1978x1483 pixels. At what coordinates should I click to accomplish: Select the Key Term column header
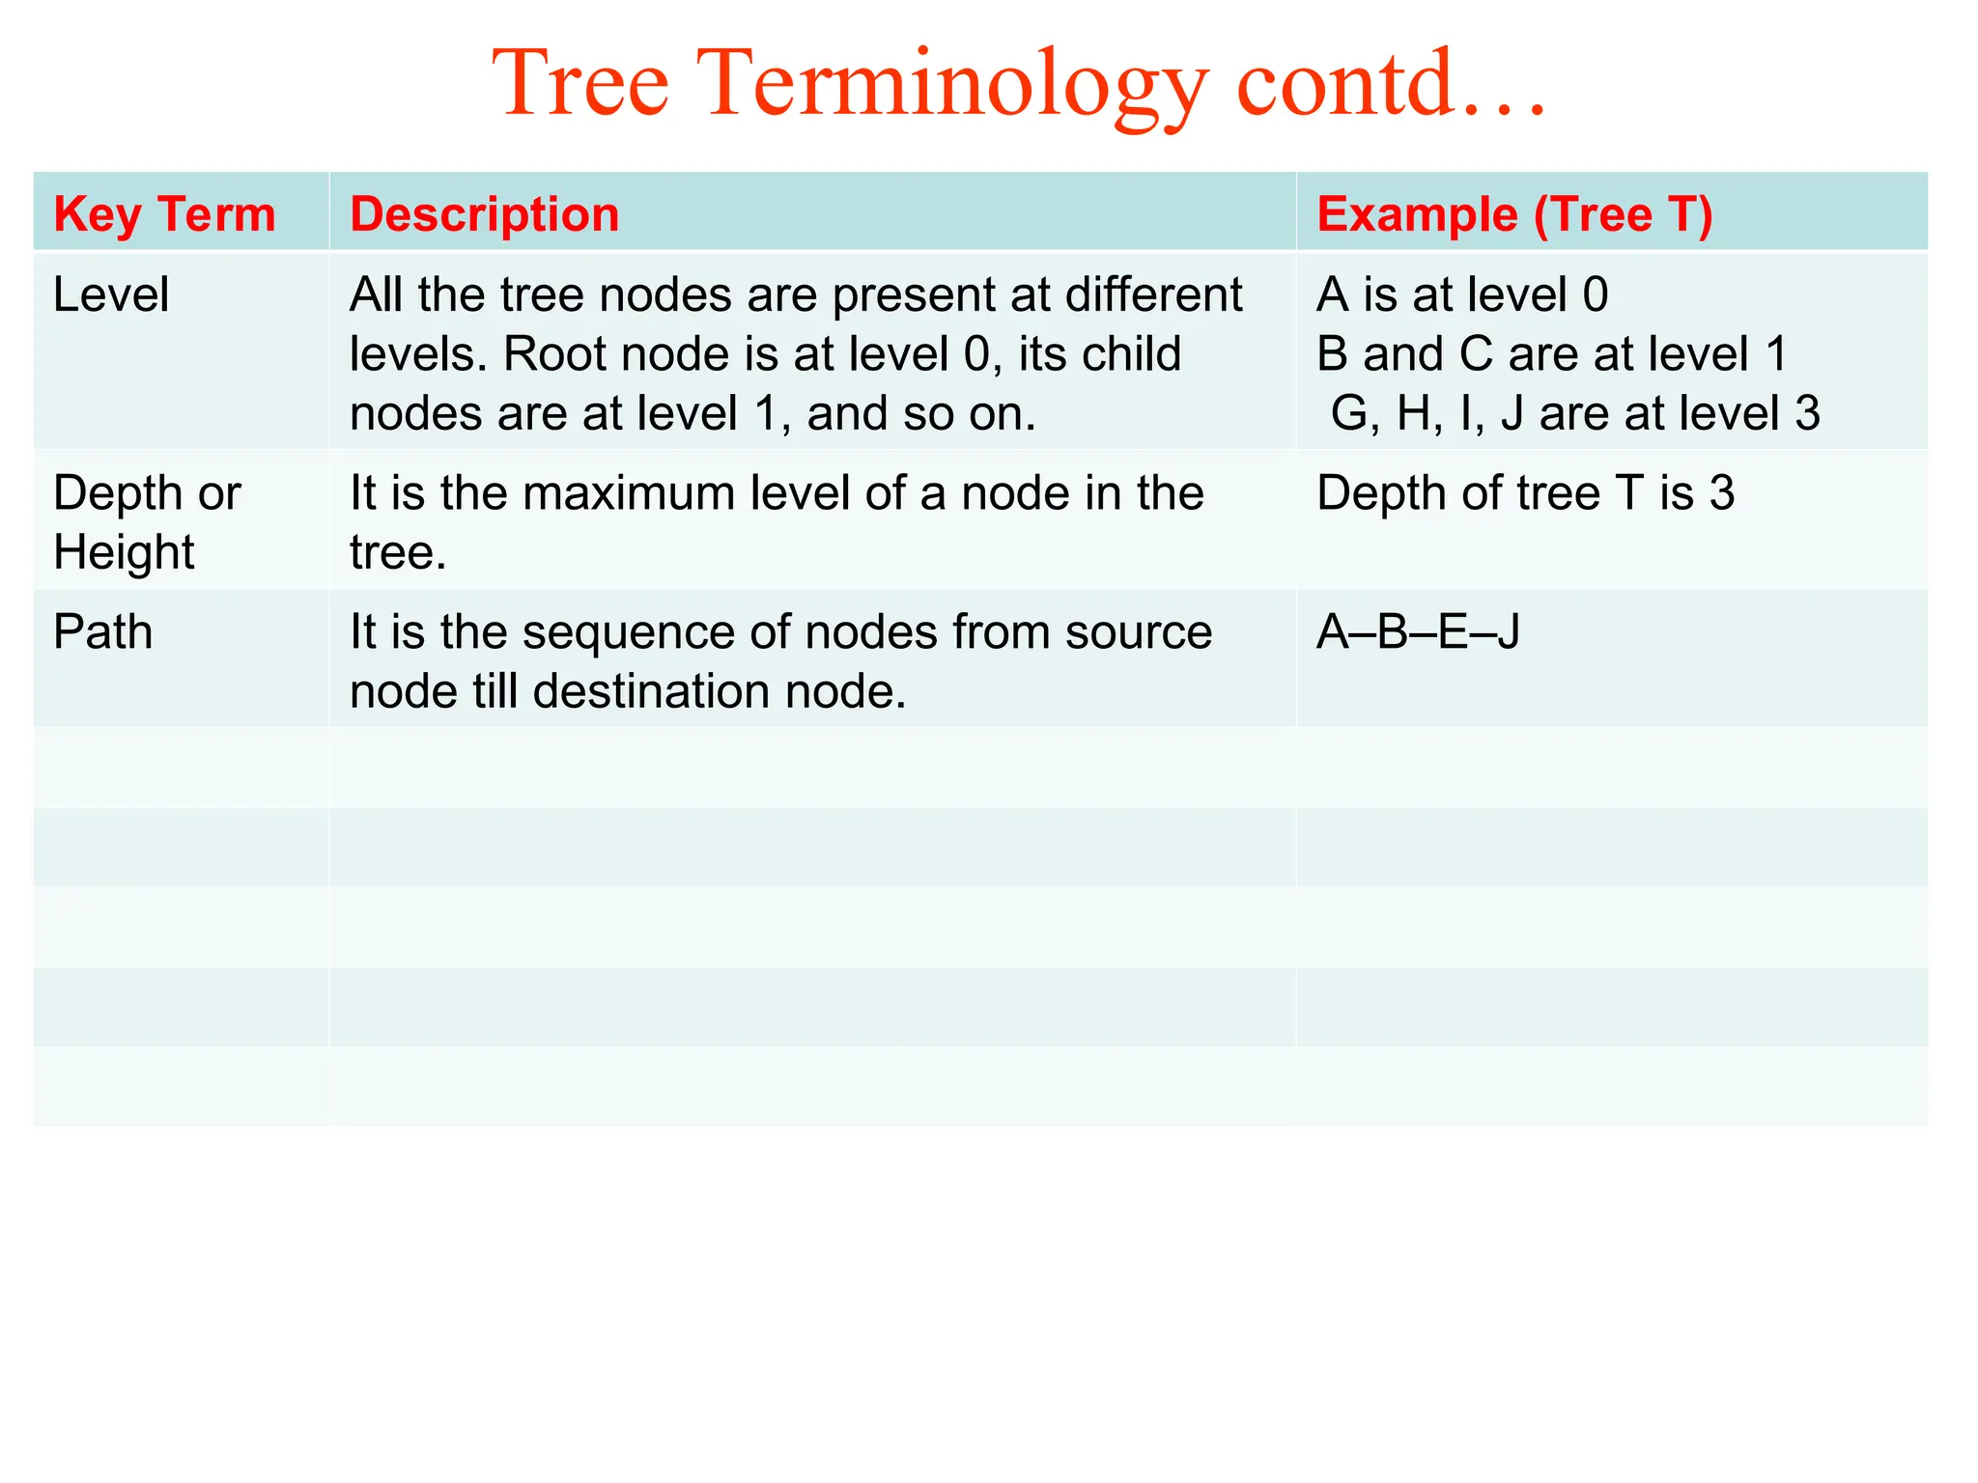[x=164, y=214]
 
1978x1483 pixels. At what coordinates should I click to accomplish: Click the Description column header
[x=484, y=214]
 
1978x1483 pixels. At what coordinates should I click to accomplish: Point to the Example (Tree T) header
[x=1514, y=214]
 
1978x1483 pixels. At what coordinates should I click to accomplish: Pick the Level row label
[x=111, y=294]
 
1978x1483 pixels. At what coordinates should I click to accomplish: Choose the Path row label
[x=103, y=632]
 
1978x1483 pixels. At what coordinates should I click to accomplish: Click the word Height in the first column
[x=124, y=553]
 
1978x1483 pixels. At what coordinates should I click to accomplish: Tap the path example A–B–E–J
[x=1418, y=632]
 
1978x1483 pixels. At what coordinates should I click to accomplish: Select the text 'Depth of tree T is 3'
[x=1525, y=493]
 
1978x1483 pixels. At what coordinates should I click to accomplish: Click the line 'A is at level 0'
[x=1462, y=294]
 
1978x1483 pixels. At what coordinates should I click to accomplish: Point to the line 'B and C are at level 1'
[x=1551, y=354]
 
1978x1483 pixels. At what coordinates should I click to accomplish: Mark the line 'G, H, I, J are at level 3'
[x=1575, y=414]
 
